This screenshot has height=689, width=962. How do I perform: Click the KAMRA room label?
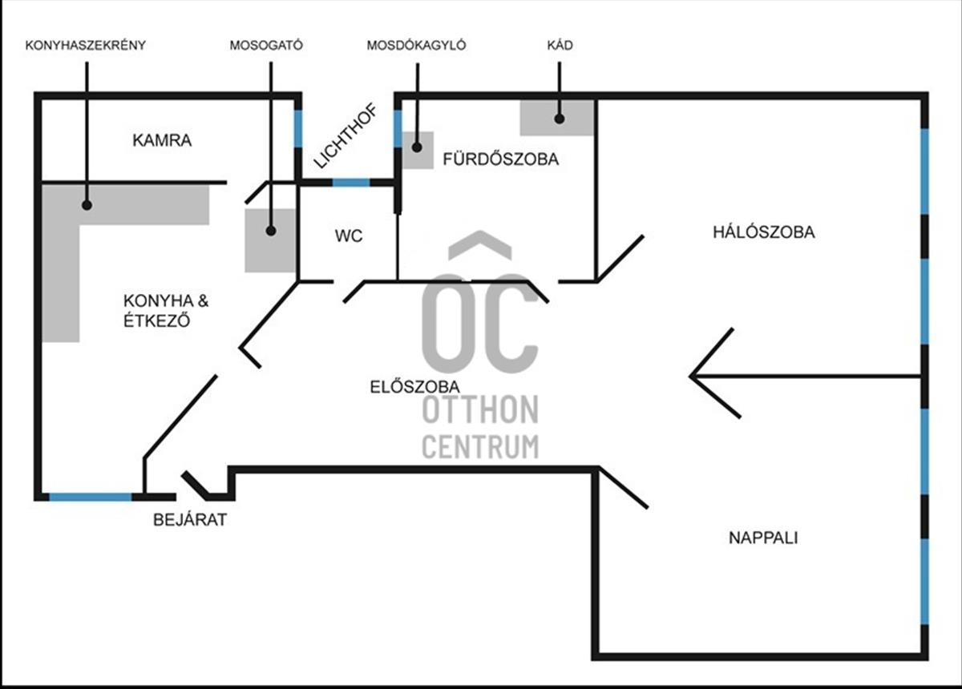(x=162, y=141)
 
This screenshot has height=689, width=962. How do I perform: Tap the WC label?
(x=349, y=236)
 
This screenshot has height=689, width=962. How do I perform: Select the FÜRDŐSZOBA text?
(x=500, y=159)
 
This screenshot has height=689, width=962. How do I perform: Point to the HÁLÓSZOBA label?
(x=763, y=233)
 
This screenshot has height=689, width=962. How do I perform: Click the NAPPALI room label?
(x=763, y=538)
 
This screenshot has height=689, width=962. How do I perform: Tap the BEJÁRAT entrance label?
(x=190, y=520)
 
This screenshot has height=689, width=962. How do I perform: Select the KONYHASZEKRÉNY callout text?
(x=86, y=46)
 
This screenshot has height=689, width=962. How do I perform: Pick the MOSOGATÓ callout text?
(x=265, y=46)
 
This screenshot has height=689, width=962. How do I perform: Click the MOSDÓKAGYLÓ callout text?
(x=416, y=46)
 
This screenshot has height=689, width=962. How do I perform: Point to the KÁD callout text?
(x=559, y=46)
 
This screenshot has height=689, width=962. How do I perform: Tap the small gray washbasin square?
(x=417, y=149)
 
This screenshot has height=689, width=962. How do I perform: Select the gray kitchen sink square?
(x=270, y=240)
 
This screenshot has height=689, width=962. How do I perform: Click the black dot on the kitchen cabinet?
(x=86, y=205)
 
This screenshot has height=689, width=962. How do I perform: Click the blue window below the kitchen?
(x=90, y=497)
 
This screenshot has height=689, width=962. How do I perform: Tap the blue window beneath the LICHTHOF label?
(x=350, y=183)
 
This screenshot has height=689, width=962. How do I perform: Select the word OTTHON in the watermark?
(x=480, y=411)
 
